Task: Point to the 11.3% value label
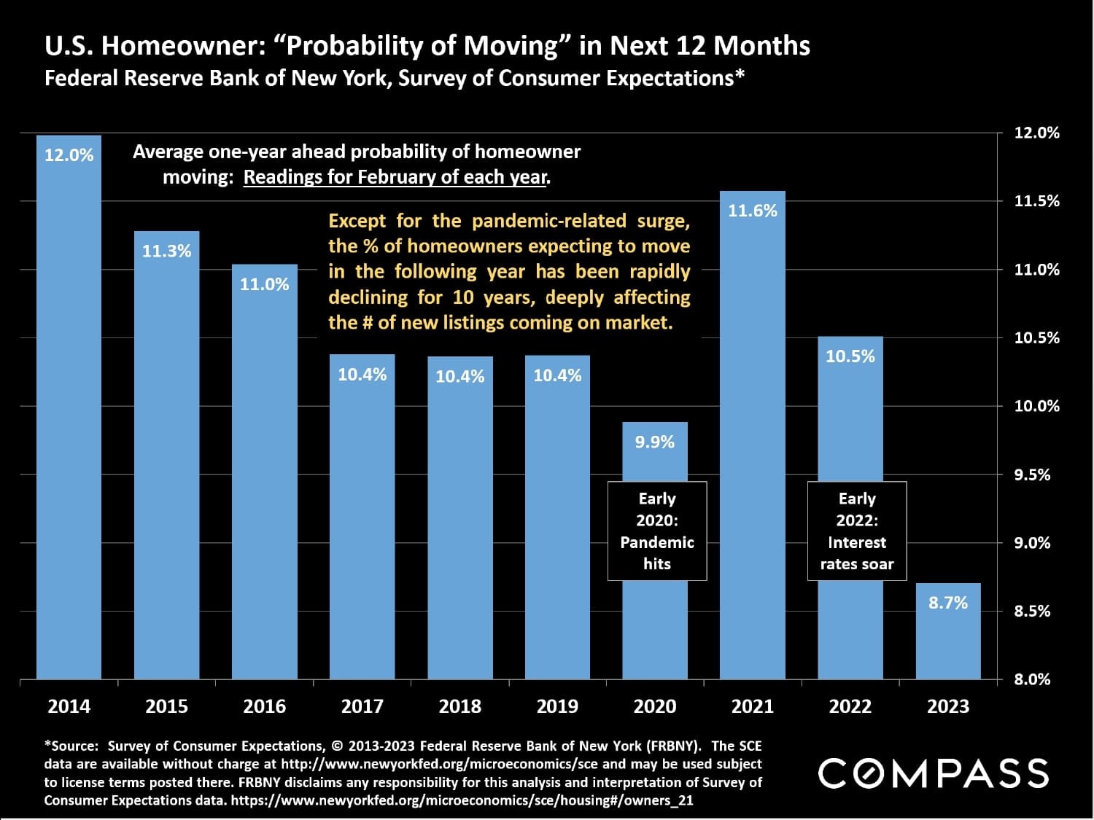166,251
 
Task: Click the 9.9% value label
654,442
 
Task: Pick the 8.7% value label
947,603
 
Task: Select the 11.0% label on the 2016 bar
264,284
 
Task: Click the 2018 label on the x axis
459,706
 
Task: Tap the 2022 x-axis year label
850,706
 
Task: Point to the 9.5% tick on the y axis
1032,475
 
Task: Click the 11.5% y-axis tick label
1036,201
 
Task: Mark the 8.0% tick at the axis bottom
1032,679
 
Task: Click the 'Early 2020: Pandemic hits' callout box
657,531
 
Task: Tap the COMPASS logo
933,773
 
